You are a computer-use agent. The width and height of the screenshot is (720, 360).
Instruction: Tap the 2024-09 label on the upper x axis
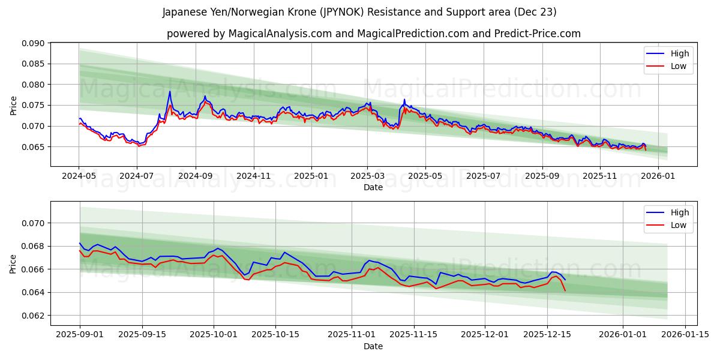coord(196,176)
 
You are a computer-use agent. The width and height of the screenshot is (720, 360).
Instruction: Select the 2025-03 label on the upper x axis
coord(367,176)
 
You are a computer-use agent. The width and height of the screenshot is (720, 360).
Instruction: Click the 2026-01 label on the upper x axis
coord(658,176)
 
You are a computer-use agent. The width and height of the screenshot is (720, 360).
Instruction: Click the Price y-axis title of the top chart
coord(13,105)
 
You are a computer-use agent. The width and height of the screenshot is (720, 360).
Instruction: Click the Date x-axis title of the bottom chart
coord(373,346)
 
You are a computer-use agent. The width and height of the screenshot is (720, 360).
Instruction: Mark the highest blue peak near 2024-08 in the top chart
coord(170,91)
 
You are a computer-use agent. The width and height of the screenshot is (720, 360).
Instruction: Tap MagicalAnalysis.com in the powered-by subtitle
coord(280,34)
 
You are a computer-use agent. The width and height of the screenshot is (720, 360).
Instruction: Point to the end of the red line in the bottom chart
coord(565,290)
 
